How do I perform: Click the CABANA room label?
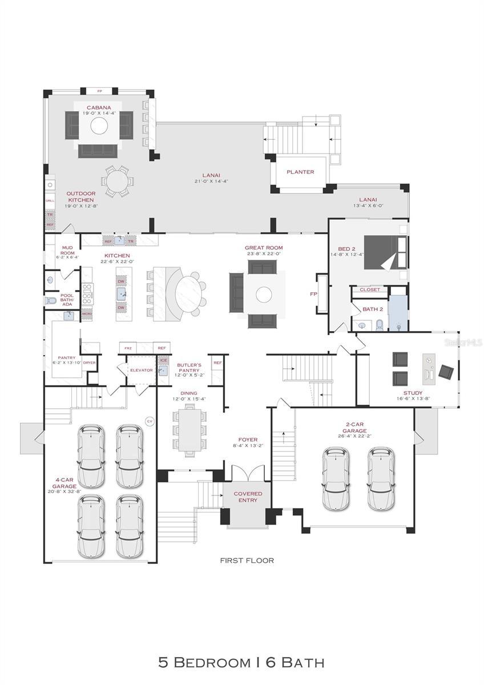click(x=99, y=107)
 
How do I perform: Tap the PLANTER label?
click(x=300, y=172)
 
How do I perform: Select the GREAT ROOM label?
click(x=264, y=248)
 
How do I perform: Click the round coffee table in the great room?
click(x=264, y=295)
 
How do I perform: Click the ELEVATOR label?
click(x=141, y=370)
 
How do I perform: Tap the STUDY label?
click(x=413, y=393)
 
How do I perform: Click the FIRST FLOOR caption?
click(x=247, y=560)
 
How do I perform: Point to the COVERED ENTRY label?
click(x=248, y=497)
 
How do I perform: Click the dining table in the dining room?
click(x=189, y=428)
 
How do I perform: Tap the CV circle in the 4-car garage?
click(x=150, y=421)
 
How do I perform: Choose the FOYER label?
click(x=248, y=440)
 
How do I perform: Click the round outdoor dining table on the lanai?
click(x=118, y=182)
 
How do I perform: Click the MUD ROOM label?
click(x=67, y=250)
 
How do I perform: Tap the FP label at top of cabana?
click(x=99, y=91)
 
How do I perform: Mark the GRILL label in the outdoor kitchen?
click(x=50, y=201)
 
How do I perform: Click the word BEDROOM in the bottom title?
click(x=212, y=663)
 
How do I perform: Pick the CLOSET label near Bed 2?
click(x=369, y=289)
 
